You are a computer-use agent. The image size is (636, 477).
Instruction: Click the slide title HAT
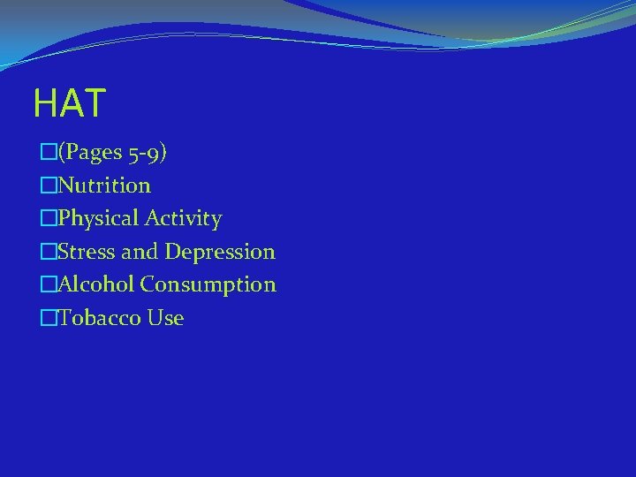(69, 103)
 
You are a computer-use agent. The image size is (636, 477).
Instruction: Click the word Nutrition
(104, 185)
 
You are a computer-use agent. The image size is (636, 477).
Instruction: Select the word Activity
(185, 218)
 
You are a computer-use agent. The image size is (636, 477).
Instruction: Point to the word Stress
(87, 252)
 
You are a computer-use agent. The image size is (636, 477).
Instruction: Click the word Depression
(220, 252)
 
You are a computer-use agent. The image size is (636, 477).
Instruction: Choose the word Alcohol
(96, 284)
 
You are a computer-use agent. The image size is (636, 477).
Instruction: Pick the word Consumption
(208, 285)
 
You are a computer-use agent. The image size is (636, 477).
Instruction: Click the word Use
(166, 318)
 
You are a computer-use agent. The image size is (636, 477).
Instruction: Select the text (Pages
(90, 153)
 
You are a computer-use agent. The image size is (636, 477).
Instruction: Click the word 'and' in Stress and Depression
(140, 252)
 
